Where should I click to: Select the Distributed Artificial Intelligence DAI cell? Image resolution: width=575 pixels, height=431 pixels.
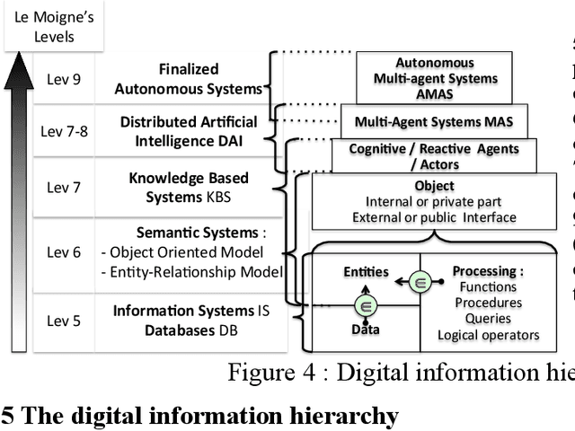[x=189, y=130]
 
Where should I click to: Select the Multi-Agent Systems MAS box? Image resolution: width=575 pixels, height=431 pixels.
[x=434, y=120]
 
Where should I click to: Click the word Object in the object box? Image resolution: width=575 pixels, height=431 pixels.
[x=434, y=186]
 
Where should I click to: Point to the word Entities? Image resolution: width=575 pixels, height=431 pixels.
[x=367, y=271]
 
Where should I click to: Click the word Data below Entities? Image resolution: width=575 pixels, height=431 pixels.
[x=365, y=330]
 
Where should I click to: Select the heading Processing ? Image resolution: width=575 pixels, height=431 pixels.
[x=487, y=271]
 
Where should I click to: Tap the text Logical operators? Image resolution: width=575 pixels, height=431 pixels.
[x=488, y=335]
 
